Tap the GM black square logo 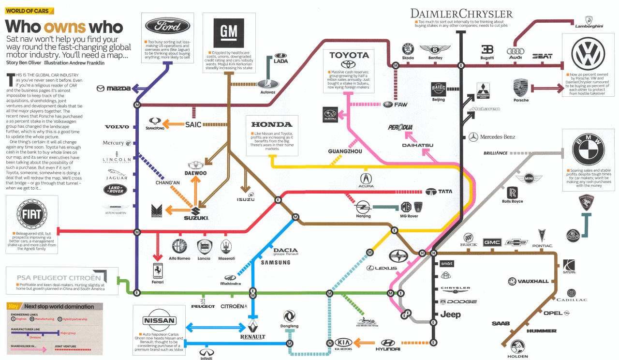[x=229, y=32]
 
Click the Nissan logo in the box [x=159, y=321]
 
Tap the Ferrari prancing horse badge [x=157, y=270]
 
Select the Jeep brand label [x=450, y=315]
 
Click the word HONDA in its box [x=272, y=124]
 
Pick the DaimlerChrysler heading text [x=461, y=13]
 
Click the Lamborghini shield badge [x=589, y=20]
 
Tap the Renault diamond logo [x=253, y=326]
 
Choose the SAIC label [x=193, y=124]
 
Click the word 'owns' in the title [x=65, y=27]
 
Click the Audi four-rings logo [x=516, y=51]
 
